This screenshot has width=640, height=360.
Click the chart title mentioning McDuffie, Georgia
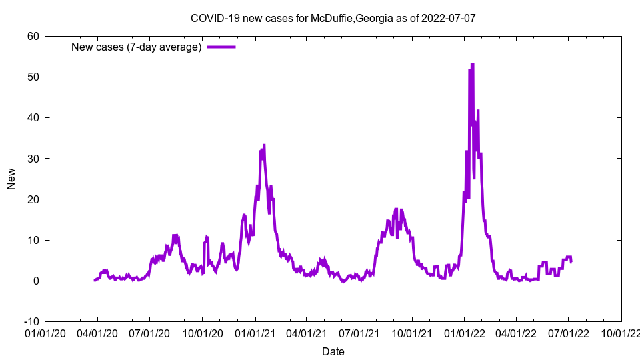333,18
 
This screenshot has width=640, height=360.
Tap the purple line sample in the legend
221,47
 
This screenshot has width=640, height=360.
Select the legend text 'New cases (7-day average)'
137,47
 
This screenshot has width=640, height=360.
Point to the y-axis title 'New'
11,179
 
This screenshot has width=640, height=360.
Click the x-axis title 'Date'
333,351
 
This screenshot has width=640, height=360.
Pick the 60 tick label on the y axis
33,36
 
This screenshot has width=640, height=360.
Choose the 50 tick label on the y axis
33,77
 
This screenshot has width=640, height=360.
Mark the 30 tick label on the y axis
33,159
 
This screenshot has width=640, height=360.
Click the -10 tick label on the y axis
31,321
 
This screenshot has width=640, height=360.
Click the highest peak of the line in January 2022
472,64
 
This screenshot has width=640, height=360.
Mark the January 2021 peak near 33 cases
264,145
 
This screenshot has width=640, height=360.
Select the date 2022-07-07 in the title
449,18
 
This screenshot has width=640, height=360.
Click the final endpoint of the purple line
571,262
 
